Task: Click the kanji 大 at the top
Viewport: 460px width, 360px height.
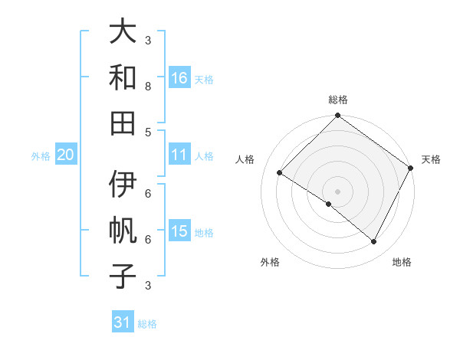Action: (123, 32)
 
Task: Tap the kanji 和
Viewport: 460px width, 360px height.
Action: (123, 77)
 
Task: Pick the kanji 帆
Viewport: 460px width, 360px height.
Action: (123, 231)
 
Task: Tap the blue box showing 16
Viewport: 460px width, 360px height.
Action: (179, 77)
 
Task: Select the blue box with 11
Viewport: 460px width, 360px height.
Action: (179, 155)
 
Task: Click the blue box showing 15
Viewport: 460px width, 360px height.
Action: (179, 231)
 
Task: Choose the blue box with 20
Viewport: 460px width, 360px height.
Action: (65, 155)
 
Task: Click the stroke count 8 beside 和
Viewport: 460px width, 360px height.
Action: (148, 86)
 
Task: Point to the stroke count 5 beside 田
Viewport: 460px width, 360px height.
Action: (148, 131)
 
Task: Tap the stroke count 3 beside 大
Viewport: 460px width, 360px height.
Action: (148, 40)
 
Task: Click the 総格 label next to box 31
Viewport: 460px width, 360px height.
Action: (147, 324)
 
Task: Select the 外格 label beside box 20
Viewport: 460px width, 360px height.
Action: (41, 156)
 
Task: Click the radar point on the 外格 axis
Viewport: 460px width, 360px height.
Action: (329, 205)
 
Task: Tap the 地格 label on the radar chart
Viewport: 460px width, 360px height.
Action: (402, 262)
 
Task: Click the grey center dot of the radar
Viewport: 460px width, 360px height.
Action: (337, 190)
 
